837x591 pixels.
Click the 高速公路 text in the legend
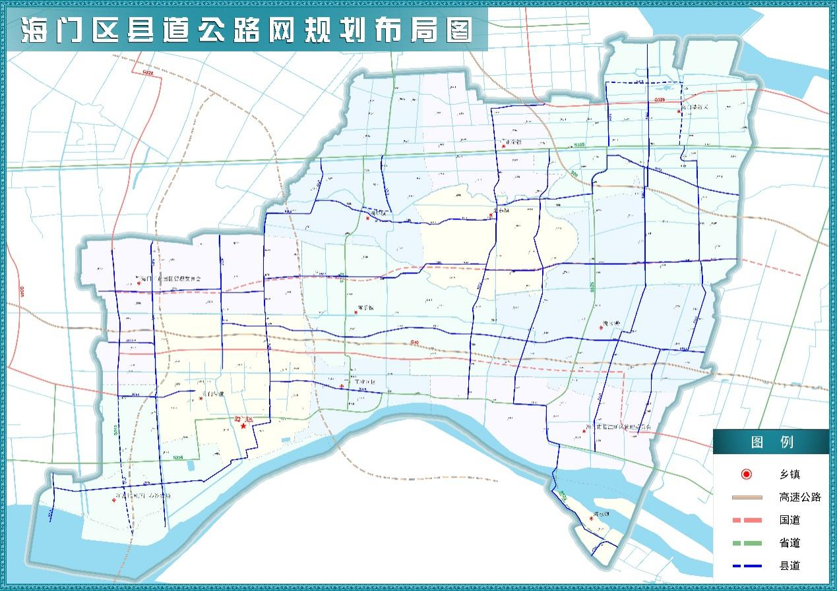point(799,497)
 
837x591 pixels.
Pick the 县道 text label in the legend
point(790,566)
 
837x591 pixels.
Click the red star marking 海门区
point(243,426)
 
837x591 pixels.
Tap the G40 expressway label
point(414,343)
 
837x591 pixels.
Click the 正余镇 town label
point(512,142)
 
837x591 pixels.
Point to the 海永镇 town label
point(600,514)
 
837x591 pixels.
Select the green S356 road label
point(177,457)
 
